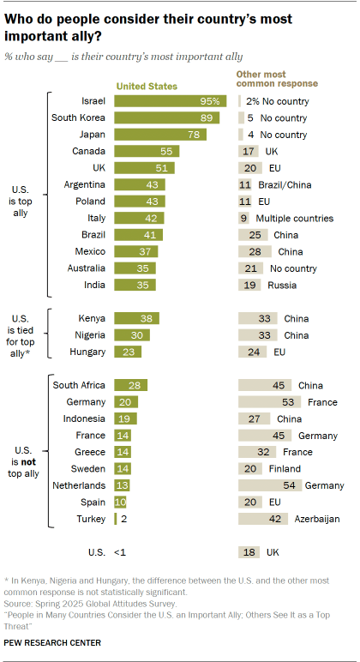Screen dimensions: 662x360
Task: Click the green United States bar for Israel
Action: [x=169, y=101]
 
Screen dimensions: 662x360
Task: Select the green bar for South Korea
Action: [x=165, y=117]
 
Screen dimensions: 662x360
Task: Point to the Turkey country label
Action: [x=91, y=519]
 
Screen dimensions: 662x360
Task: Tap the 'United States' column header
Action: [x=147, y=86]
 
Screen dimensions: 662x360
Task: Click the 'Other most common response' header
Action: [x=277, y=80]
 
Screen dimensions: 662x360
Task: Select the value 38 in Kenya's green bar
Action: [x=146, y=317]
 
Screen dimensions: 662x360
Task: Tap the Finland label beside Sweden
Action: [x=284, y=468]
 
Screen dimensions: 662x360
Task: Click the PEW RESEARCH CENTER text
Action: [x=53, y=641]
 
